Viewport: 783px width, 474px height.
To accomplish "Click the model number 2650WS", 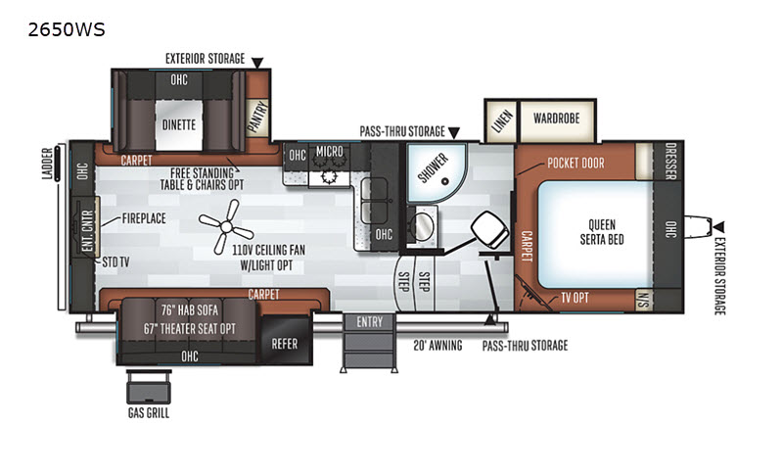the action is tap(67, 30).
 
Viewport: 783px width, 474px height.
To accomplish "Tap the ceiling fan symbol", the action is tap(227, 227).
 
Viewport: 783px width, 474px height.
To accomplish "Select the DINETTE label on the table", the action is tap(179, 125).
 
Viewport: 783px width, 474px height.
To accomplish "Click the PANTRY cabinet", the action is tap(257, 118).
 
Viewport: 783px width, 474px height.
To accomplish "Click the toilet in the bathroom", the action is tap(490, 231).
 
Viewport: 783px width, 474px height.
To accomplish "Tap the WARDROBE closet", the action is tap(557, 119).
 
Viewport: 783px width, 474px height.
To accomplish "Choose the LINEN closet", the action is tap(502, 120).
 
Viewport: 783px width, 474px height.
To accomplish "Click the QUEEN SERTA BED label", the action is tap(602, 232).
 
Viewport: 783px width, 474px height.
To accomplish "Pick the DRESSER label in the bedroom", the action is tap(670, 162).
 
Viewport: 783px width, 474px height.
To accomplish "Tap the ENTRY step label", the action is tap(370, 322).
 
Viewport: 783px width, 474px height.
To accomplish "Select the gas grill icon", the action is tap(149, 387).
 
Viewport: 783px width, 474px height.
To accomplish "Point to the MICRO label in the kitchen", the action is tap(330, 151).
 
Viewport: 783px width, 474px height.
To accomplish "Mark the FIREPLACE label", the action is tap(144, 218).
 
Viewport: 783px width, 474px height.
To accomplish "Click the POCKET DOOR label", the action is tap(576, 164).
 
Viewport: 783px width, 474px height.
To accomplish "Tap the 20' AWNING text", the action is tap(438, 345).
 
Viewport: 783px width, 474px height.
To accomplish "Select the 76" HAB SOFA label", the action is tap(189, 310).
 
